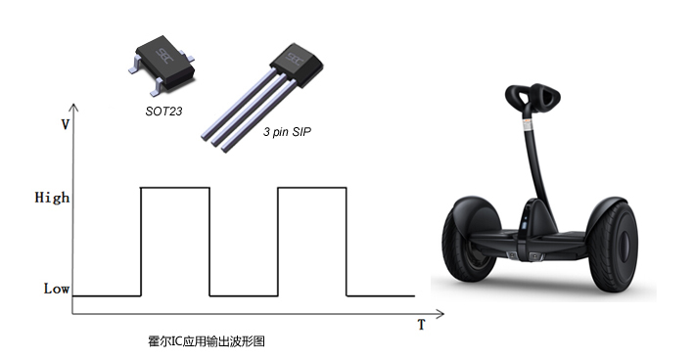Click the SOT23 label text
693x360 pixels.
(163, 111)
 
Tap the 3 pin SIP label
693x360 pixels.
(287, 132)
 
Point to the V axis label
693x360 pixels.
(65, 125)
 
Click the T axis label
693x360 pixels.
(421, 325)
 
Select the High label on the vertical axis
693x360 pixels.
(52, 197)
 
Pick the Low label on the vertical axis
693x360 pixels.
(57, 289)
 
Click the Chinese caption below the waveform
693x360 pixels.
(207, 341)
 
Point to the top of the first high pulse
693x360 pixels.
(175, 188)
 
